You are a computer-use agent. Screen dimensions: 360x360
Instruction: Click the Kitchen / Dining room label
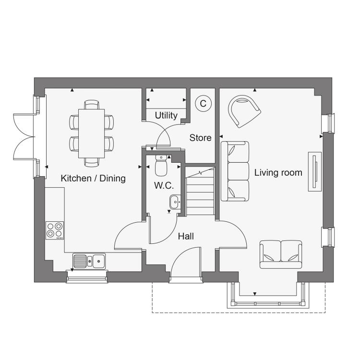click(x=93, y=179)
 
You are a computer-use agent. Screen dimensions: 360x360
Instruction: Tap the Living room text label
click(x=278, y=173)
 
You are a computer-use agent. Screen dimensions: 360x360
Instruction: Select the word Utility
click(x=166, y=116)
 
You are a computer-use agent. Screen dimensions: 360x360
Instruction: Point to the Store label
click(x=200, y=138)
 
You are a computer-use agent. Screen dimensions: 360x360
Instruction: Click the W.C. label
click(x=164, y=185)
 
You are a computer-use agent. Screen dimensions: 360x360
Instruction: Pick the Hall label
click(x=186, y=236)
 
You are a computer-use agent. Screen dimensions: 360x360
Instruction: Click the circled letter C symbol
click(x=203, y=104)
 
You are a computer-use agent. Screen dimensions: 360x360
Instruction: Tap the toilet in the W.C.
click(x=161, y=165)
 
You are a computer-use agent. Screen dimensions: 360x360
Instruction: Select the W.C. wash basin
click(x=175, y=202)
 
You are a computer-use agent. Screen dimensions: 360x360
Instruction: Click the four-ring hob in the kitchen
click(x=55, y=230)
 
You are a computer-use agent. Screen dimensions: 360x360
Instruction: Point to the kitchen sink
click(x=89, y=261)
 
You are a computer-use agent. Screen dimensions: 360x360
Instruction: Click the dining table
click(x=91, y=133)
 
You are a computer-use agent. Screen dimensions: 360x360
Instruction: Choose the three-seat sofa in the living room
click(x=235, y=171)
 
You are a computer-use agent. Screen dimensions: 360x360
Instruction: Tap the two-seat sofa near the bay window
click(x=281, y=254)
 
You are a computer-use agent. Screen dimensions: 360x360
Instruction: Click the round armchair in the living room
click(x=244, y=111)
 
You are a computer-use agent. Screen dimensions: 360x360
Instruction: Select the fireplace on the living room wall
click(x=314, y=171)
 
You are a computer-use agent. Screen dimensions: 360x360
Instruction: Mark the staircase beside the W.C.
click(x=200, y=191)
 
